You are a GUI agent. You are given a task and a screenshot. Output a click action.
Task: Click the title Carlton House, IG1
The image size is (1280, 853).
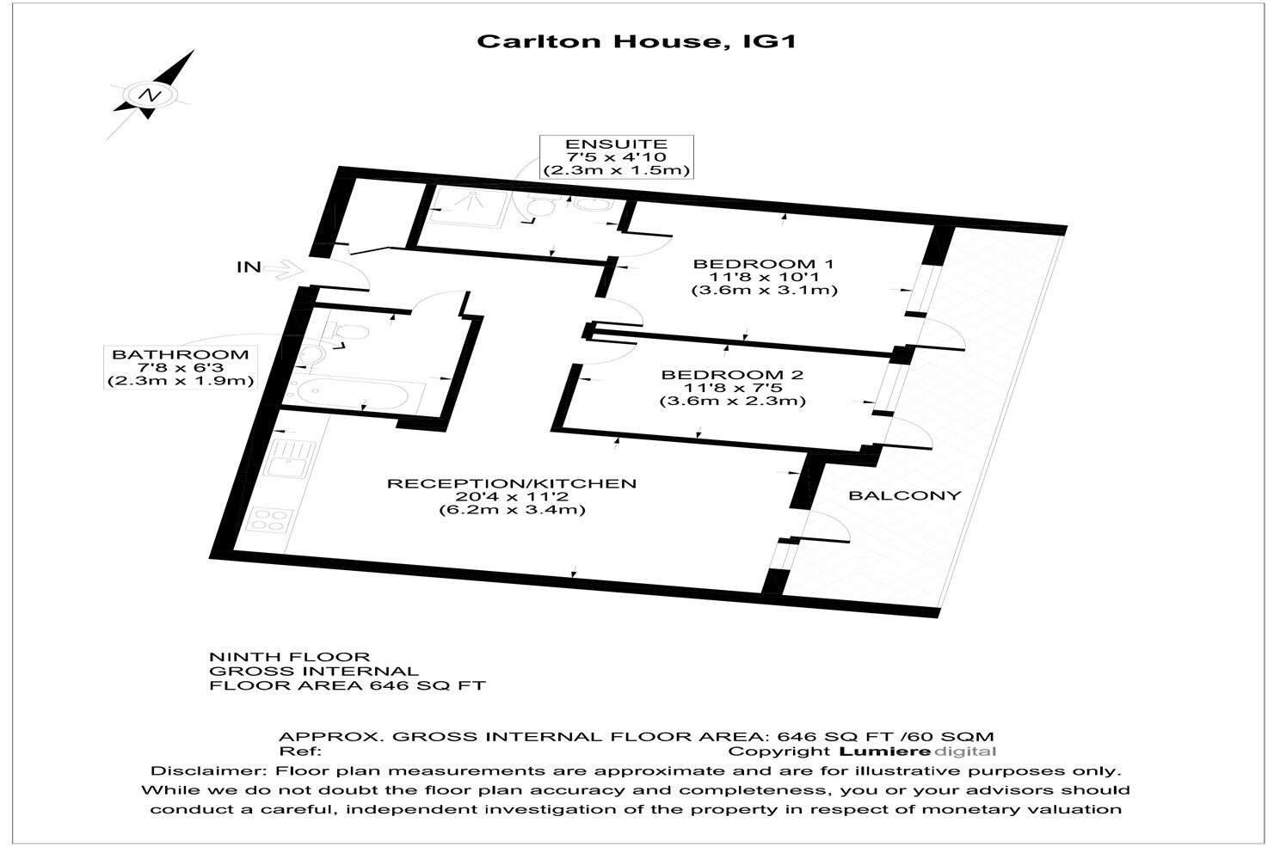coord(636,42)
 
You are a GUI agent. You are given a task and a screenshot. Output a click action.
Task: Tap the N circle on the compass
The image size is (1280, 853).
coord(151,95)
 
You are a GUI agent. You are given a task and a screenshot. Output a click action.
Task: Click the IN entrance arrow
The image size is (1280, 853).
coord(285,268)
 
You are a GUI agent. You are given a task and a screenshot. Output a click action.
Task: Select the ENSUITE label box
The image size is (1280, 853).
coord(617,157)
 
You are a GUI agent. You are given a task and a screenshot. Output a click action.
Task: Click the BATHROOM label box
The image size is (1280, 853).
coord(181,367)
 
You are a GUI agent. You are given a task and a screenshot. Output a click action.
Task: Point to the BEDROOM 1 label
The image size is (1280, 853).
coord(764,265)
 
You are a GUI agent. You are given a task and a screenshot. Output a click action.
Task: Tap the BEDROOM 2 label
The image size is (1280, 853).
coord(733,376)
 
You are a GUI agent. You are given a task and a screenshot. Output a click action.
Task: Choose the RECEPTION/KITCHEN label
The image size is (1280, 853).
coord(512,484)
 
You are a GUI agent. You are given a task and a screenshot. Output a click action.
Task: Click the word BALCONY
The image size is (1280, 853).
coord(905,496)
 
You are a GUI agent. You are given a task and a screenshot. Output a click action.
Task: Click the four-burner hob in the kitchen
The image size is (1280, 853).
coord(270,520)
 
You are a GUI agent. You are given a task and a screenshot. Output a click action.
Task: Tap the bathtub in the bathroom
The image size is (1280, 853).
coord(355,393)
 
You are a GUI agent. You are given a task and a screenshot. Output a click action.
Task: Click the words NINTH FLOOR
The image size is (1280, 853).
coord(290,657)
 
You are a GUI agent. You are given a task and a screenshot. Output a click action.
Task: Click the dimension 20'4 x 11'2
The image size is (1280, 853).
coord(512,496)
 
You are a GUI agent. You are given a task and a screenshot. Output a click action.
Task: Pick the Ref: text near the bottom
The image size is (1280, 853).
coord(300,752)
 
